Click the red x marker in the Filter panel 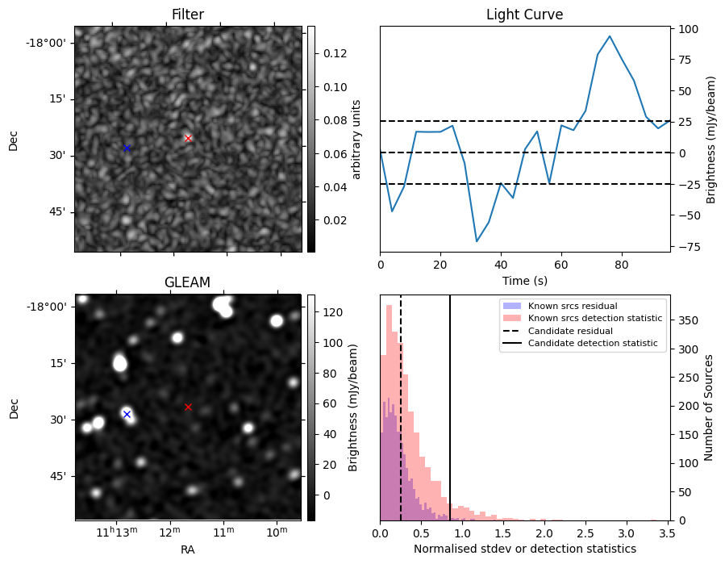188,138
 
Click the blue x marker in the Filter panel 127,148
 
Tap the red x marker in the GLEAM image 188,407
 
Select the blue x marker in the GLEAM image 127,414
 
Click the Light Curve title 524,15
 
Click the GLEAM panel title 187,282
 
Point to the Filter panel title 187,15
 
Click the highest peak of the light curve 610,36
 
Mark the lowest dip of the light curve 477,241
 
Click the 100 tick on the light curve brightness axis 687,29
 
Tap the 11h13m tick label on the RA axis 118,533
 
